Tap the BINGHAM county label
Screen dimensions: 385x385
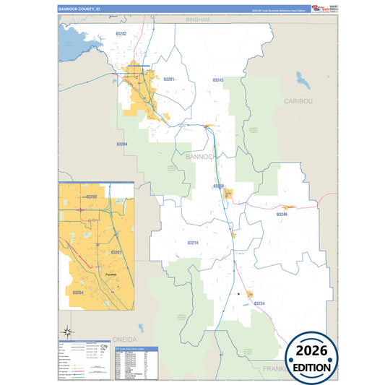click(197, 20)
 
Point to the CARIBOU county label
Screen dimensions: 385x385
click(298, 101)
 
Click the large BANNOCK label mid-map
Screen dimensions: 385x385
click(201, 156)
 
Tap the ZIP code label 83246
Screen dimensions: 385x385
click(282, 215)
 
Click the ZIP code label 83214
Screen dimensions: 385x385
click(192, 243)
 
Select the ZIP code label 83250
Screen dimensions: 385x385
click(219, 186)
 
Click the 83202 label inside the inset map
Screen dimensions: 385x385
click(91, 196)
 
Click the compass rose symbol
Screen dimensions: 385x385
click(67, 331)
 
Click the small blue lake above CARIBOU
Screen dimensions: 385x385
click(300, 77)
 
